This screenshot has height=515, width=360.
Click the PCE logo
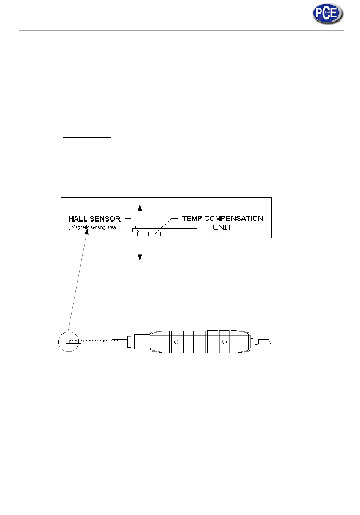pyautogui.click(x=328, y=14)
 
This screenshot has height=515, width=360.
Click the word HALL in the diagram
pyautogui.click(x=78, y=219)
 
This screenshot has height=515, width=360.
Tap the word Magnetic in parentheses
pyautogui.click(x=80, y=227)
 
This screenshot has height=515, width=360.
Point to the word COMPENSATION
pyautogui.click(x=233, y=218)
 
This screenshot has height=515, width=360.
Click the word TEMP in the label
pyautogui.click(x=192, y=218)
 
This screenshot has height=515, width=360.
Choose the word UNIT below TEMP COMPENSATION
pyautogui.click(x=222, y=227)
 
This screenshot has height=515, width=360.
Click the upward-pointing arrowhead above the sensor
pyautogui.click(x=140, y=208)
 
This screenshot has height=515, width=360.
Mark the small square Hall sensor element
pyautogui.click(x=139, y=234)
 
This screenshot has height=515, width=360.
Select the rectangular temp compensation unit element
pyautogui.click(x=155, y=234)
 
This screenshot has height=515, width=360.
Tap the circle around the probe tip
pyautogui.click(x=68, y=341)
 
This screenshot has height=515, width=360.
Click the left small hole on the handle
pyautogui.click(x=176, y=342)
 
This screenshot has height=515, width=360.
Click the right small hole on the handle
pyautogui.click(x=224, y=342)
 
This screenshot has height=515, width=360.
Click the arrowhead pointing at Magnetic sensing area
pyautogui.click(x=87, y=232)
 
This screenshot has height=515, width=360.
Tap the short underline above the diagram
pyautogui.click(x=87, y=137)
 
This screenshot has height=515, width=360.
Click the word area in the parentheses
pyautogui.click(x=111, y=227)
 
